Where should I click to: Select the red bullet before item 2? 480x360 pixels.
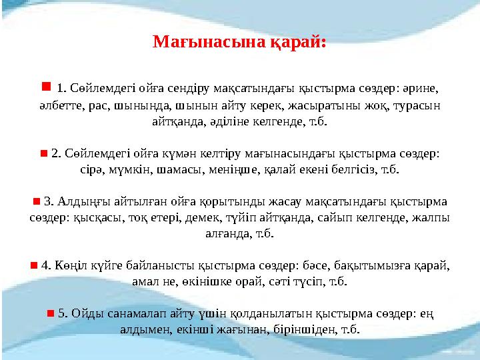[43, 153]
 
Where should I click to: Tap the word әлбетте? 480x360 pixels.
[57, 105]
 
